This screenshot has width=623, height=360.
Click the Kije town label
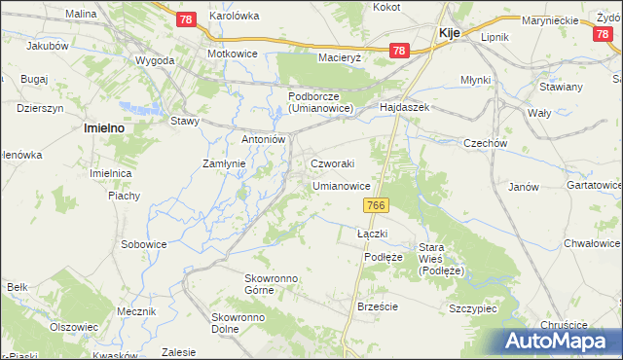coord(450,32)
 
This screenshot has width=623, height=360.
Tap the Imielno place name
coord(107,127)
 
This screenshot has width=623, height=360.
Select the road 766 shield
coord(378,205)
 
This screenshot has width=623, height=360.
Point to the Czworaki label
coord(332,163)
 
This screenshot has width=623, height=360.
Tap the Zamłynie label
coord(223,163)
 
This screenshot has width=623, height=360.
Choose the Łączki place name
coord(373,234)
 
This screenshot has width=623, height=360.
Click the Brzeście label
coord(378,306)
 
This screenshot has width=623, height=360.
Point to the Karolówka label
coord(234,17)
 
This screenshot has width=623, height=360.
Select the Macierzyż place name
coord(339,57)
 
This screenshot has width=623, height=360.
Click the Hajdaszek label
coord(405,107)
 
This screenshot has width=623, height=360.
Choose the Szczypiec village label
coord(474,307)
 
